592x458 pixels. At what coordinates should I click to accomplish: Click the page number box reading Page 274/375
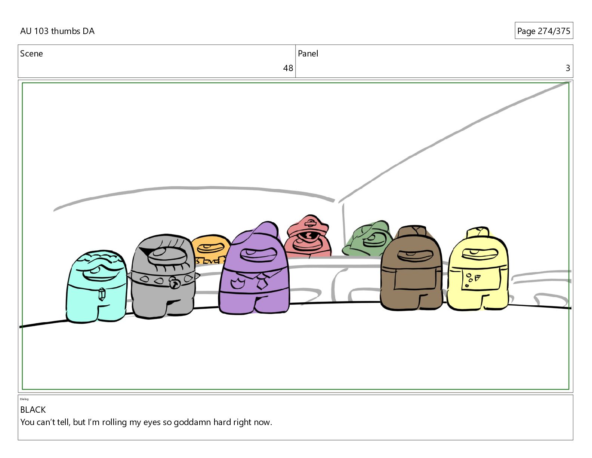[544, 31]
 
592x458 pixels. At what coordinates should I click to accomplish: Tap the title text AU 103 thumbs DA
[57, 31]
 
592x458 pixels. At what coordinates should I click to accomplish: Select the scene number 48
[288, 68]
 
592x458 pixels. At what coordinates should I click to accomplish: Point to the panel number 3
[568, 68]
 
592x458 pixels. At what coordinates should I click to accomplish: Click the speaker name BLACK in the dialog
[33, 410]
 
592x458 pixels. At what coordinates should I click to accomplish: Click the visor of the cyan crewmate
[101, 272]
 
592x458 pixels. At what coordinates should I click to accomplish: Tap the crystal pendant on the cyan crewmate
[102, 294]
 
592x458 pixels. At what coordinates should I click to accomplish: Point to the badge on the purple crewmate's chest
[238, 284]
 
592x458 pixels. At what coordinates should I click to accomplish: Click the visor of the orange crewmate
[210, 248]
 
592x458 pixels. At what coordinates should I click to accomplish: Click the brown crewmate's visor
[415, 256]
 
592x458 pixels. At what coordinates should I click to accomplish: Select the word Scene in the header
[31, 54]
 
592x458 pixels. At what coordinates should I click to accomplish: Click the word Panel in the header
[308, 54]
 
